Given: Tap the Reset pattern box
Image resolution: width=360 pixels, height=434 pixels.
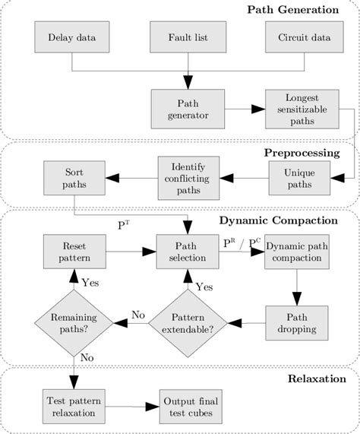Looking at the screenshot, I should [x=73, y=250].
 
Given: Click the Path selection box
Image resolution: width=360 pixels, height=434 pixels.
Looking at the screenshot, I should [x=188, y=250].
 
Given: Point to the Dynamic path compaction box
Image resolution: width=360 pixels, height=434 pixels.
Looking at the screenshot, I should [x=297, y=250].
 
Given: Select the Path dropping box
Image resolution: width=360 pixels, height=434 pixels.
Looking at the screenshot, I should [x=297, y=323].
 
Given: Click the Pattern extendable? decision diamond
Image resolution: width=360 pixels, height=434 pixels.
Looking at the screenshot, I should [x=188, y=323].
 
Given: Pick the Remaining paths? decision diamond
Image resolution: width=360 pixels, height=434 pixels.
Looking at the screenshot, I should [x=73, y=323].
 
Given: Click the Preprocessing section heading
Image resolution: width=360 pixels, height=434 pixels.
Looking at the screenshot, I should [x=302, y=151].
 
